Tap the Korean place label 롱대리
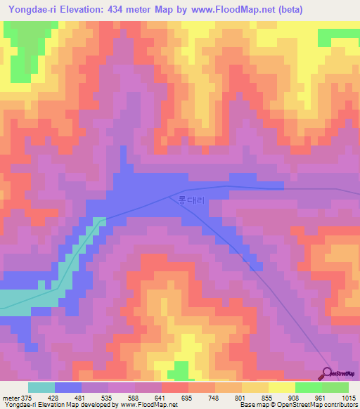[x=191, y=201]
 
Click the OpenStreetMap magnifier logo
[x=328, y=374]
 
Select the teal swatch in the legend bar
[x=41, y=387]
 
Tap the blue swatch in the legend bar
[x=68, y=387]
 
